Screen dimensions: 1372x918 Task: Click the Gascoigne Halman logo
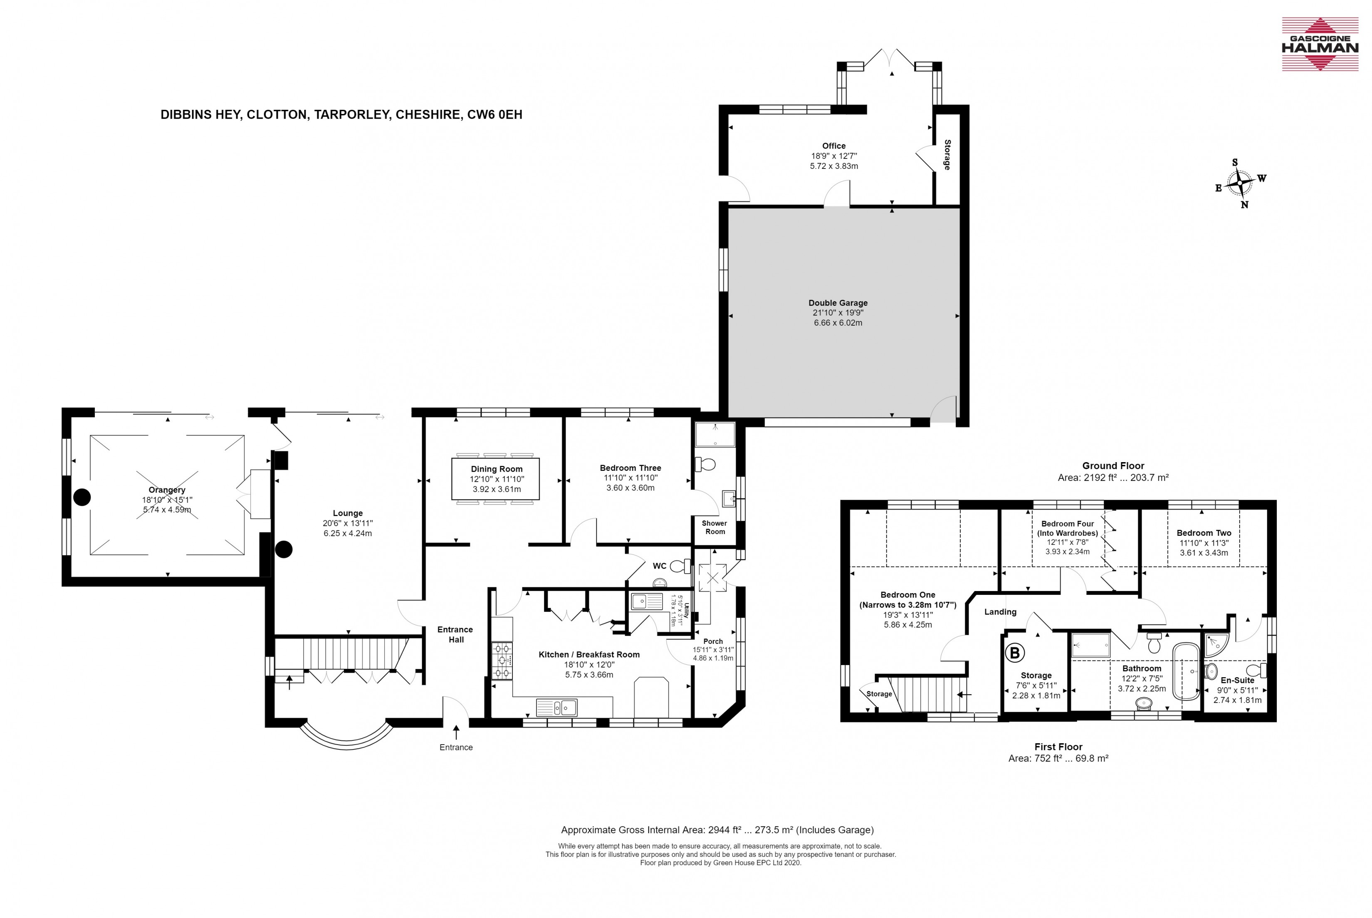click(x=1320, y=44)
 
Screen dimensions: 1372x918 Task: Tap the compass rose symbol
click(x=1239, y=184)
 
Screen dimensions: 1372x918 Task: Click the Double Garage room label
click(x=838, y=303)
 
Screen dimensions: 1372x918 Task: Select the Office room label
click(x=833, y=146)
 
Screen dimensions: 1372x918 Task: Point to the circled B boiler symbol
click(x=1015, y=653)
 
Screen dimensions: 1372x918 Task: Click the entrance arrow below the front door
click(x=456, y=732)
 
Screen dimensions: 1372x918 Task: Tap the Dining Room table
click(x=495, y=479)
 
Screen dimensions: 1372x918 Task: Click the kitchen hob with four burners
click(x=503, y=661)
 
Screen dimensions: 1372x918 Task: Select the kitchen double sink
click(x=556, y=707)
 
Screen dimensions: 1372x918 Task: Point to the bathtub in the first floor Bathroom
click(x=1186, y=671)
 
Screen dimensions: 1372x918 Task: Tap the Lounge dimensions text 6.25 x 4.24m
click(x=348, y=533)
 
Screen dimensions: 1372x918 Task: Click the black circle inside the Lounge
click(x=284, y=549)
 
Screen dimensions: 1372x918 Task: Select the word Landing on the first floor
click(x=1000, y=612)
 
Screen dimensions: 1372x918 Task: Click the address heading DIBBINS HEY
click(x=200, y=115)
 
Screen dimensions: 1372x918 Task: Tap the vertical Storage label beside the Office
click(x=947, y=155)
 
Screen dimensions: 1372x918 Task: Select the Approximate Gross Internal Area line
click(x=717, y=829)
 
